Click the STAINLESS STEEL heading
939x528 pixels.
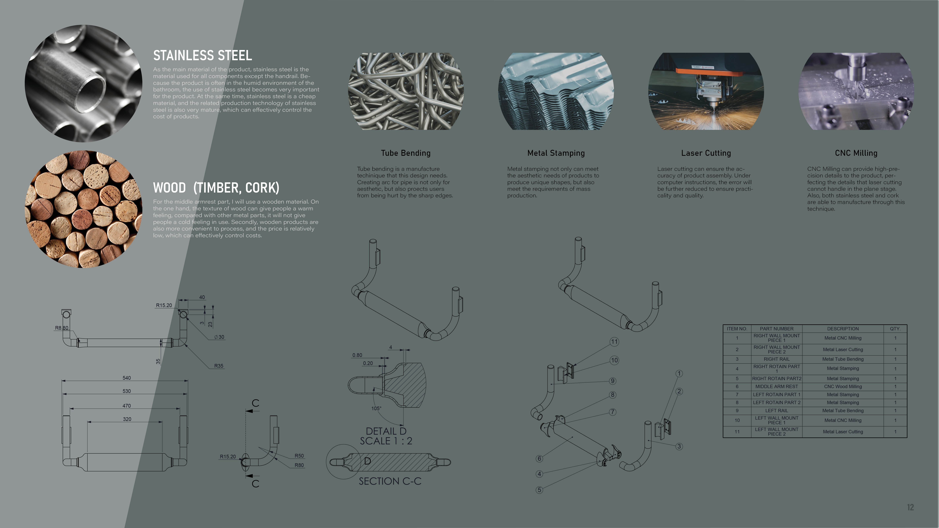pyautogui.click(x=202, y=55)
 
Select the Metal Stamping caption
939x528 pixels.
pyautogui.click(x=556, y=153)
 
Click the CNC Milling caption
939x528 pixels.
pyautogui.click(x=856, y=153)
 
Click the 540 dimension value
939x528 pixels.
pyautogui.click(x=127, y=378)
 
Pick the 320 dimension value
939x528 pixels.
pyautogui.click(x=127, y=419)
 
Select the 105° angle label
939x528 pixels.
pyautogui.click(x=376, y=408)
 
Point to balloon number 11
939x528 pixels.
pyautogui.click(x=614, y=342)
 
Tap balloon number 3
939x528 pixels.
pyautogui.click(x=679, y=446)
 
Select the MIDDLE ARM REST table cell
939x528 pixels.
pyautogui.click(x=777, y=387)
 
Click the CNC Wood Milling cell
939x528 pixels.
pyautogui.click(x=843, y=387)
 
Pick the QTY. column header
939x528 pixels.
pyautogui.click(x=895, y=329)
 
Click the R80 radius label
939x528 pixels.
pyautogui.click(x=299, y=465)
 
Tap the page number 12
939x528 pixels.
pyautogui.click(x=910, y=507)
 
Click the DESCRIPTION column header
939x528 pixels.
pyautogui.click(x=843, y=329)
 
